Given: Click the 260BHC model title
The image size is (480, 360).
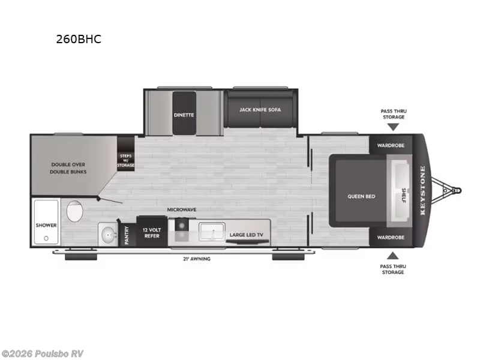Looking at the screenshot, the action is (x=79, y=39).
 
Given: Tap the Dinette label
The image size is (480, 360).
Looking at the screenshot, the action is (x=184, y=115).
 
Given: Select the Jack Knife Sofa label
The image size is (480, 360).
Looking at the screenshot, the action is (x=260, y=110).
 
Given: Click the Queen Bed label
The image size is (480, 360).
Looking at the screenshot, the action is (x=361, y=197).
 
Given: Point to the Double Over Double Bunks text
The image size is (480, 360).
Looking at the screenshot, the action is (x=68, y=168).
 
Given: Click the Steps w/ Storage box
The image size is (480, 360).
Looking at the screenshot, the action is (x=125, y=154).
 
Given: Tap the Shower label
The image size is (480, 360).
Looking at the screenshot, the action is (x=46, y=226).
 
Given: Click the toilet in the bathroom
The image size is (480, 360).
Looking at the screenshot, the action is (x=74, y=211).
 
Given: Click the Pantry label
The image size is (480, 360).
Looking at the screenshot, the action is (x=127, y=235).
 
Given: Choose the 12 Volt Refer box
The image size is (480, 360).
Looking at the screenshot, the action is (x=152, y=232).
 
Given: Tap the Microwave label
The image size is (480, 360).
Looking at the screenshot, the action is (x=182, y=209).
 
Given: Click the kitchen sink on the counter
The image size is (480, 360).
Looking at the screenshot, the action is (x=212, y=232).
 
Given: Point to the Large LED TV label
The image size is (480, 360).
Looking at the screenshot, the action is (x=247, y=235).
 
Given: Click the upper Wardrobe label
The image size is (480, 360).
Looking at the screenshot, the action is (x=391, y=145).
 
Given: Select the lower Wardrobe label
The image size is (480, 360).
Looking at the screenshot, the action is (x=391, y=238).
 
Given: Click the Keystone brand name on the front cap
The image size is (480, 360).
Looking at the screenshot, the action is (x=422, y=190).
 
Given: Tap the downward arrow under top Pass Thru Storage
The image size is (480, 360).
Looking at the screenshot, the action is (x=393, y=127).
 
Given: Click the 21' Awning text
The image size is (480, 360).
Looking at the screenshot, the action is (x=197, y=259).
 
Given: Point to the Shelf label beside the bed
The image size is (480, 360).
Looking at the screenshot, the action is (x=403, y=196).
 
